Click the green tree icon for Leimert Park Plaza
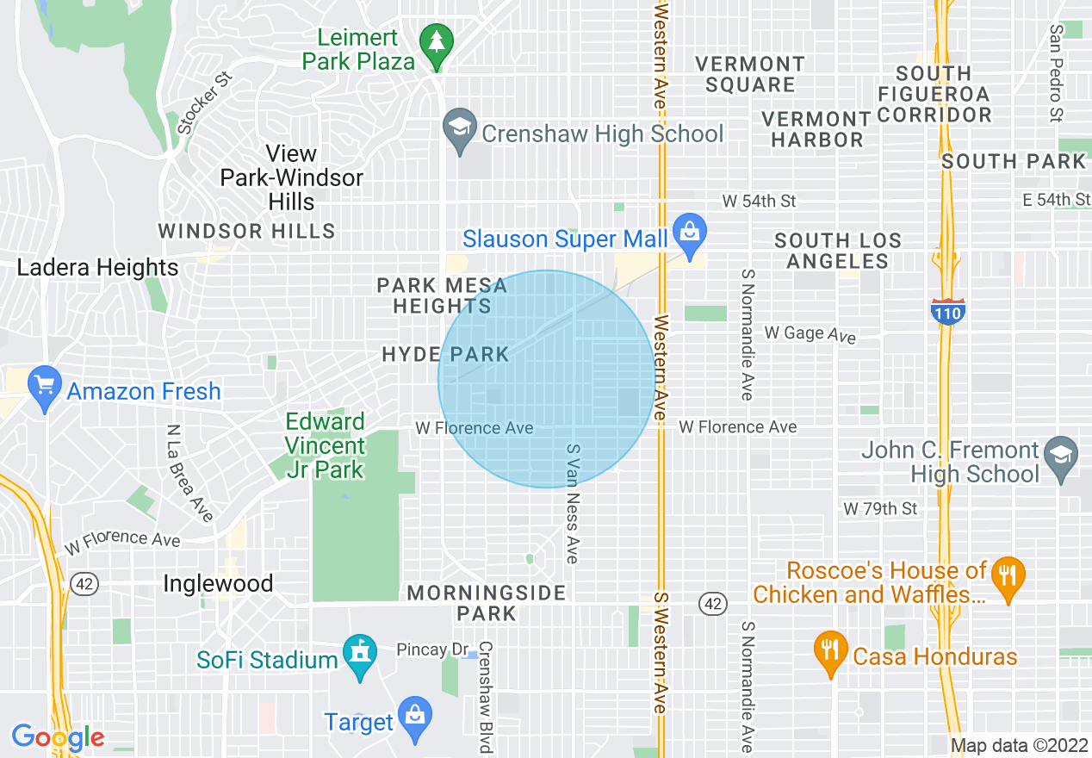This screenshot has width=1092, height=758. (x=437, y=43)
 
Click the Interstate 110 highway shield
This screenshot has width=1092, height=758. (x=947, y=311)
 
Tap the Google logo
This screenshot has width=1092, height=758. (x=58, y=737)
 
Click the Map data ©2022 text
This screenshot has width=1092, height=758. (x=1018, y=745)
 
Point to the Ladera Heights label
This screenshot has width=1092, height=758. (x=98, y=268)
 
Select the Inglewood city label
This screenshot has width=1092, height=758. (x=218, y=583)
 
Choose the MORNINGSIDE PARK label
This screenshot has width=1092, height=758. (x=487, y=603)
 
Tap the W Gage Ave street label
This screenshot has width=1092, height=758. (x=810, y=333)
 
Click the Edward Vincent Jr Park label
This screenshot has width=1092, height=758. (x=326, y=445)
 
